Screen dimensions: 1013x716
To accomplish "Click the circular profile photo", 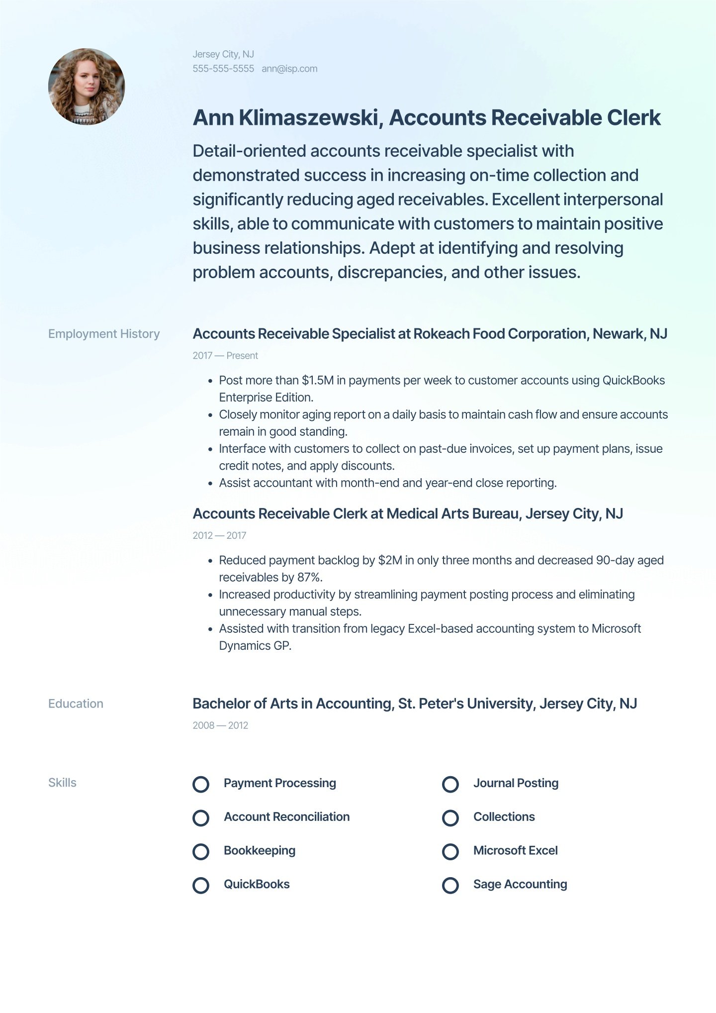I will (x=87, y=87).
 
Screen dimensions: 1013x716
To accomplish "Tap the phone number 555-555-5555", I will (x=223, y=69).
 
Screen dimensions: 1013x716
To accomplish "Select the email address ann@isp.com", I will (x=289, y=69).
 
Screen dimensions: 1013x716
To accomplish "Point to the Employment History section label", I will (x=104, y=334).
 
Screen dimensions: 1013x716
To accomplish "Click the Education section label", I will (x=76, y=704).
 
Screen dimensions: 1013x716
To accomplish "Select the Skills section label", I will (x=62, y=783).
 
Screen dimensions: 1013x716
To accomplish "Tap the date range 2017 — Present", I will (x=225, y=356).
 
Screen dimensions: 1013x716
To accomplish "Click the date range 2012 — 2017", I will (x=219, y=536).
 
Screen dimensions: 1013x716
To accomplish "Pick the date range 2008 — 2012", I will (x=220, y=725).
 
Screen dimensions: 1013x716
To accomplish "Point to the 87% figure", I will (x=309, y=578).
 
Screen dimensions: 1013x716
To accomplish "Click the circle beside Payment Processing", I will (x=201, y=784).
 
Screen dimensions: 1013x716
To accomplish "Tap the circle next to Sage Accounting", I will (x=450, y=885).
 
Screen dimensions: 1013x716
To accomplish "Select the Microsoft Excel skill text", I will (x=515, y=851).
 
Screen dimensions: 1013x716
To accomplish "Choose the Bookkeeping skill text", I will (x=259, y=851).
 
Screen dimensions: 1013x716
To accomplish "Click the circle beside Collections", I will (x=450, y=818).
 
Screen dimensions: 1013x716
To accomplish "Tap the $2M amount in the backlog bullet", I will (x=390, y=561).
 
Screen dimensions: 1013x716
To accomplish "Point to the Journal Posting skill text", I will (x=516, y=783).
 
